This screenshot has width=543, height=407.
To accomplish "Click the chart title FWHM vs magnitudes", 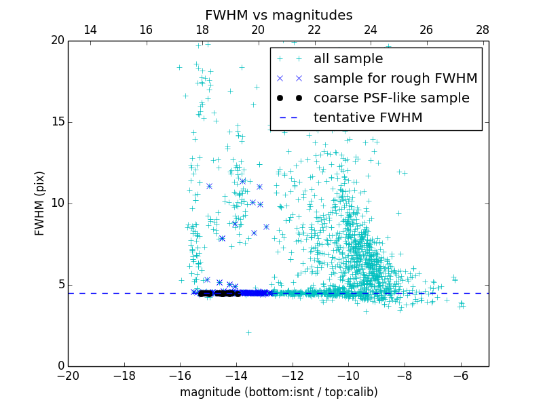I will coord(278,15).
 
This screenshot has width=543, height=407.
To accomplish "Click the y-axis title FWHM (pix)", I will coord(40,203).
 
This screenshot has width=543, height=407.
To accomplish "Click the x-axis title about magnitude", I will coord(278,392).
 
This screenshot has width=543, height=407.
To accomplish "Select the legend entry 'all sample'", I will coord(348,59).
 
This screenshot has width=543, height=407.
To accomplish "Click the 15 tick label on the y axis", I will coord(57,122).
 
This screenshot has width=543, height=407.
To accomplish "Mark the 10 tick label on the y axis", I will coord(57,203).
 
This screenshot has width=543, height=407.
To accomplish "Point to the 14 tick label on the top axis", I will coord(90,30).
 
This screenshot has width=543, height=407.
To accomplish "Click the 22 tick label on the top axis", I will coord(314,30).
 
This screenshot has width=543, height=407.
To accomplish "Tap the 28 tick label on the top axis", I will coord(483,30).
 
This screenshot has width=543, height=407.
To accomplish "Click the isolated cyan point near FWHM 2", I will coord(248,332).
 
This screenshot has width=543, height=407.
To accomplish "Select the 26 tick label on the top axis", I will coord(426,30).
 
